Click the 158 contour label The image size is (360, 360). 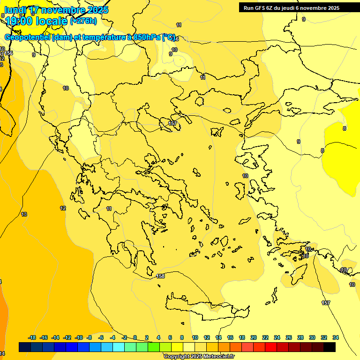point(160,276)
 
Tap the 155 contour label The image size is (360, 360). point(9,53)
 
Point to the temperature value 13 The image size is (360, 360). point(24,214)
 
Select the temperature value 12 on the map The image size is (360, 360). point(63,208)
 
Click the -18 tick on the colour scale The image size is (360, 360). point(32,337)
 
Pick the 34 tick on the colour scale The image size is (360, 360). point(336,337)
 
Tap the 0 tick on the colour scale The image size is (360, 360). point(135,337)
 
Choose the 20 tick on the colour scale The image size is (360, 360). point(254,337)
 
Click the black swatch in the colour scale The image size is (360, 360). point(330,347)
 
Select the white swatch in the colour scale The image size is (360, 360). point(188,347)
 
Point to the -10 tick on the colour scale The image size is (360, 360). point(79,337)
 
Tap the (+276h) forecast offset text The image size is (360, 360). point(83,21)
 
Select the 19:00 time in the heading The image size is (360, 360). point(19,21)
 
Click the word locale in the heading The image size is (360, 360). point(51,21)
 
